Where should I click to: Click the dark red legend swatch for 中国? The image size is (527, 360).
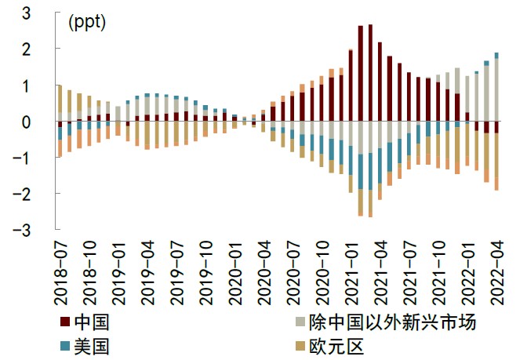coord(64,322)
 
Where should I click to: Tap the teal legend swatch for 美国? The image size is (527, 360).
coord(64,345)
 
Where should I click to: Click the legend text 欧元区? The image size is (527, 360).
coord(333,345)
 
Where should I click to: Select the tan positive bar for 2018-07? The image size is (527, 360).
coord(60,99)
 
